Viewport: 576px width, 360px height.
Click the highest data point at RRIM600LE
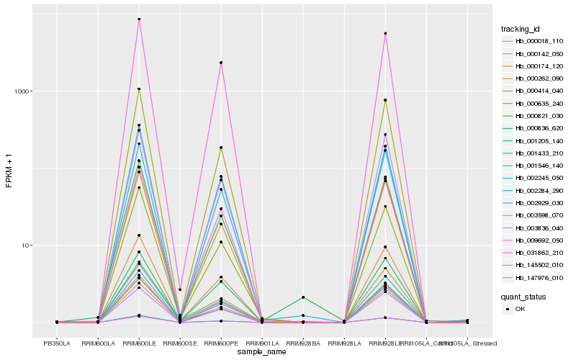[x=139, y=19]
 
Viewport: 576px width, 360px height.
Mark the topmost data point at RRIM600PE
[x=221, y=63]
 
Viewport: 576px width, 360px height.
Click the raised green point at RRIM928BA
[x=303, y=297]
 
